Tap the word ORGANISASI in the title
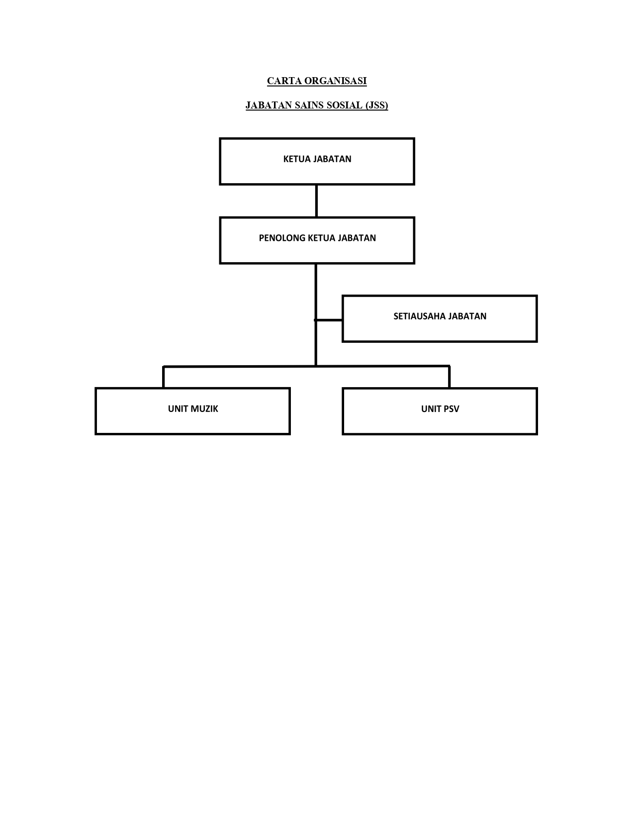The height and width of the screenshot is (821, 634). point(336,81)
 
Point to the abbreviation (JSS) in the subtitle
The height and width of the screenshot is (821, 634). point(376,105)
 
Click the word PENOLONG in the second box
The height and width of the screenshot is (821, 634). point(282,238)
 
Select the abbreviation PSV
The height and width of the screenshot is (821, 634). point(451,409)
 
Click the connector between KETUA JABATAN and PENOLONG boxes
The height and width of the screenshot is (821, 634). point(316,201)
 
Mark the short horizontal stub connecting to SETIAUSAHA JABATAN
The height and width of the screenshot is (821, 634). point(329,320)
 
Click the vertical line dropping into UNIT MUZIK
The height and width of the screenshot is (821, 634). point(163,377)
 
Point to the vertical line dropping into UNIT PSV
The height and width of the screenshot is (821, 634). point(449,377)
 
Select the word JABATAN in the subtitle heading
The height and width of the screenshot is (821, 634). point(269,105)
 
